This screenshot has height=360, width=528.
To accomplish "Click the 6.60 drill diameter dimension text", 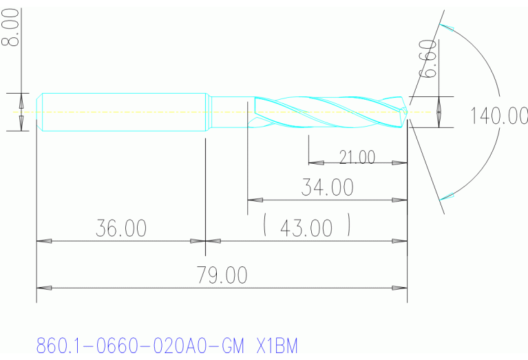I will coord(428,59).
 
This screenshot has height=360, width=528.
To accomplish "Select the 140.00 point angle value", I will coord(499,116).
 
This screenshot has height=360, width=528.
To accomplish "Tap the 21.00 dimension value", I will coord(357,158).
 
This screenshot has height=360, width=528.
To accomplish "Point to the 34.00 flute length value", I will coord(327,187).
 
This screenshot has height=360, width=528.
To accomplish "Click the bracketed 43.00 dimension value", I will coord(306,228).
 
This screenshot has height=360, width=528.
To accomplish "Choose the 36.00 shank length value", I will coord(120,229).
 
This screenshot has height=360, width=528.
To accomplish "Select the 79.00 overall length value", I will coord(222,275).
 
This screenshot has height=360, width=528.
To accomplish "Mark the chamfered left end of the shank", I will coord(39,111).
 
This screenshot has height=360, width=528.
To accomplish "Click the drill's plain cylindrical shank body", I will coord(124,111).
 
